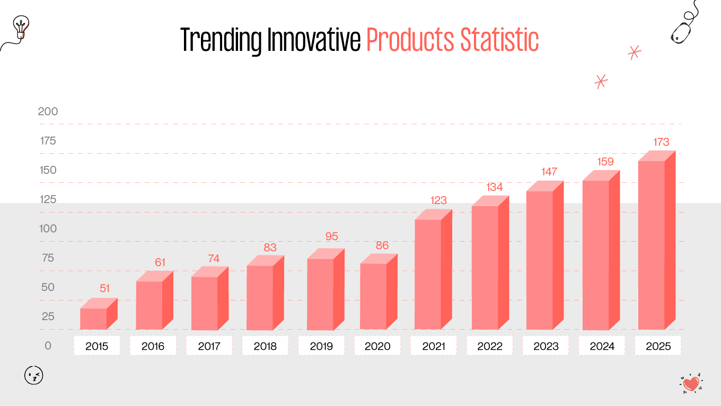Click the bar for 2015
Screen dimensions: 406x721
point(94,318)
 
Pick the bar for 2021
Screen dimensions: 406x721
point(429,273)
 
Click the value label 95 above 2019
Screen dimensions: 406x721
point(332,236)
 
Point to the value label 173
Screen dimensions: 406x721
point(661,142)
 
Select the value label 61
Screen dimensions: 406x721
point(161,262)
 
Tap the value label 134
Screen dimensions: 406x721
point(495,187)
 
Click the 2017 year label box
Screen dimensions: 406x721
point(209,346)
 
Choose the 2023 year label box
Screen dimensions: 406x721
point(546,346)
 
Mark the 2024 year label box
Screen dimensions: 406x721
point(602,346)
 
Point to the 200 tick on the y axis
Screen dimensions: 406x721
point(48,112)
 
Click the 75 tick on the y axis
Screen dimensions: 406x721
point(48,258)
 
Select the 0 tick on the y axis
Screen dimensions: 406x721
point(48,346)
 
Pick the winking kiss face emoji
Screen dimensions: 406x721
point(34,375)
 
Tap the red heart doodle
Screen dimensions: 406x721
point(691,383)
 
